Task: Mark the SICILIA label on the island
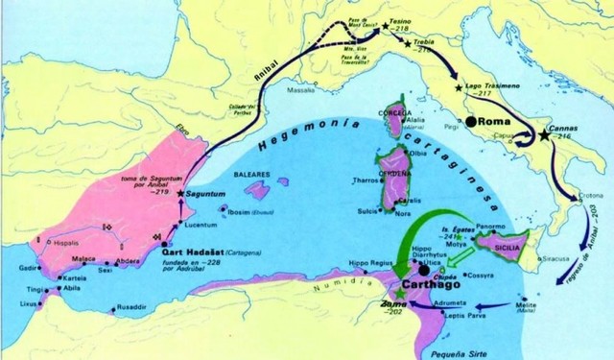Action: tap(510, 247)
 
